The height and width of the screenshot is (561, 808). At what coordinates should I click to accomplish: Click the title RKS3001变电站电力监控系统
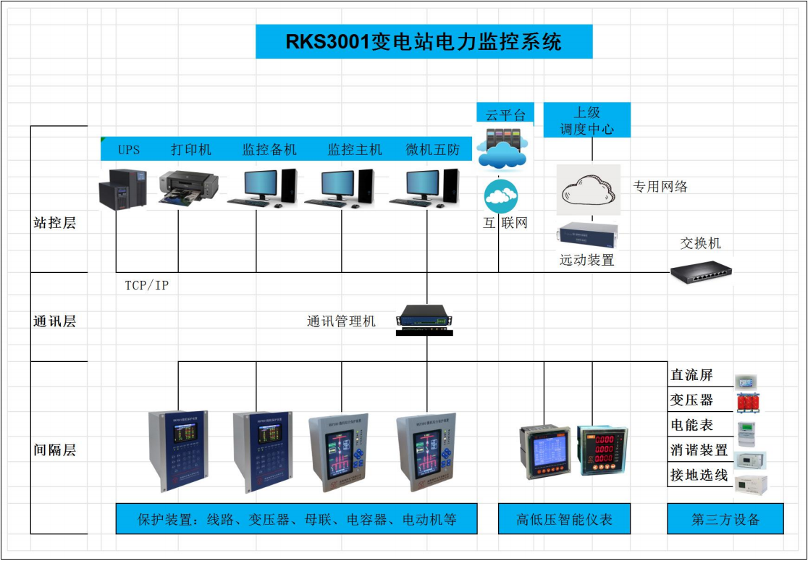pyautogui.click(x=424, y=41)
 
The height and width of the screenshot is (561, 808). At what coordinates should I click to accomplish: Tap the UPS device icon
pyautogui.click(x=122, y=189)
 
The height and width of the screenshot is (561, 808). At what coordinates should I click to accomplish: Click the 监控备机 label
pyautogui.click(x=269, y=150)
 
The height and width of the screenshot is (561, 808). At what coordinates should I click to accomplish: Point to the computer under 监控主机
pyautogui.click(x=340, y=188)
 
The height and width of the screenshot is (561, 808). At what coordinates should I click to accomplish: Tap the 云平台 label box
pyautogui.click(x=505, y=113)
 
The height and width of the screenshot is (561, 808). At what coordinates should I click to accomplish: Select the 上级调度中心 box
pyautogui.click(x=586, y=120)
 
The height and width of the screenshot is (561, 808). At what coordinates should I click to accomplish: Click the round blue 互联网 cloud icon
pyautogui.click(x=501, y=196)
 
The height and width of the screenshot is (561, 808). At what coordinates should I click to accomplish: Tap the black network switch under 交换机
pyautogui.click(x=701, y=271)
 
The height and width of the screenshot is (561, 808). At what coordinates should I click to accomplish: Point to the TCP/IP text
pyautogui.click(x=146, y=285)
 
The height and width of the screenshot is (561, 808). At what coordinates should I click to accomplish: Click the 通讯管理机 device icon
pyautogui.click(x=426, y=319)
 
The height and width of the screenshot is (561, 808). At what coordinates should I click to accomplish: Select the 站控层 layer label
pyautogui.click(x=54, y=223)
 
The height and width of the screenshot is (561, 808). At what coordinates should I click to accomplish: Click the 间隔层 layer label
pyautogui.click(x=54, y=450)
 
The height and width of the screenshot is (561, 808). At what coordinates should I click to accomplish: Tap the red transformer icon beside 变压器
pyautogui.click(x=749, y=401)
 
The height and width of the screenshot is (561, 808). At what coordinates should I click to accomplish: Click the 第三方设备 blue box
pyautogui.click(x=725, y=519)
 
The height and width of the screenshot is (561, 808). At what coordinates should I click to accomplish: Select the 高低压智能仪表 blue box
pyautogui.click(x=564, y=519)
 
